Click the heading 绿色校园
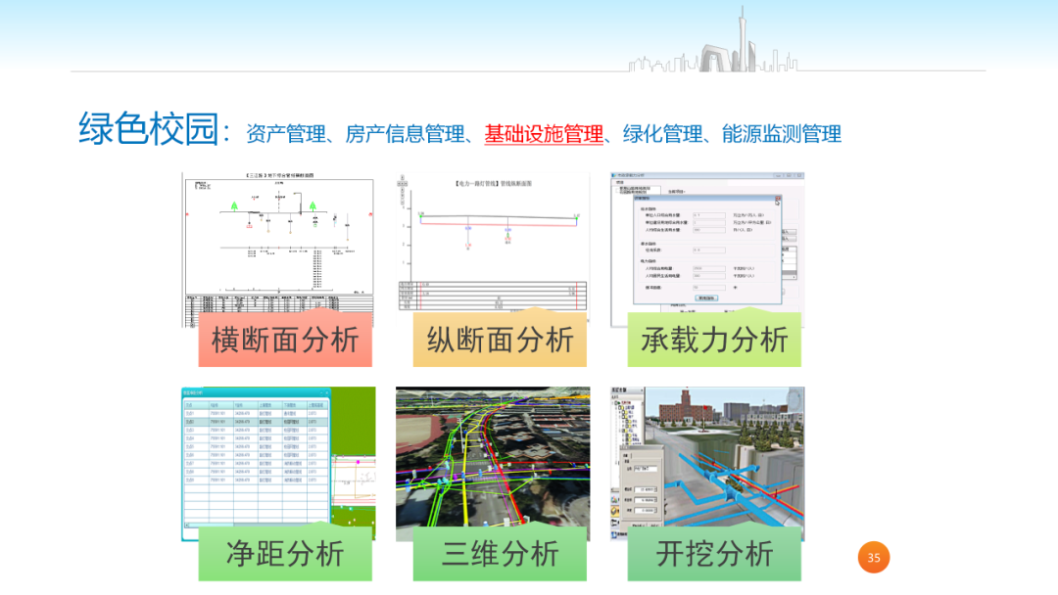point(148,129)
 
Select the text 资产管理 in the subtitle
point(285,134)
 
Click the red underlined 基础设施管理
point(544,134)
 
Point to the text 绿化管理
point(663,134)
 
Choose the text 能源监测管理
point(782,134)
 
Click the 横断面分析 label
point(285,340)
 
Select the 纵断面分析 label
point(500,340)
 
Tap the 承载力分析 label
point(714,340)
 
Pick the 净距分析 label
point(285,553)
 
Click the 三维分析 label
point(500,553)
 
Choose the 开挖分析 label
point(714,553)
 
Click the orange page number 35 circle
point(874,558)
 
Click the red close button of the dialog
point(778,200)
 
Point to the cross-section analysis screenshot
point(278,245)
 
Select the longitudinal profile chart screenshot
point(493,245)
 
